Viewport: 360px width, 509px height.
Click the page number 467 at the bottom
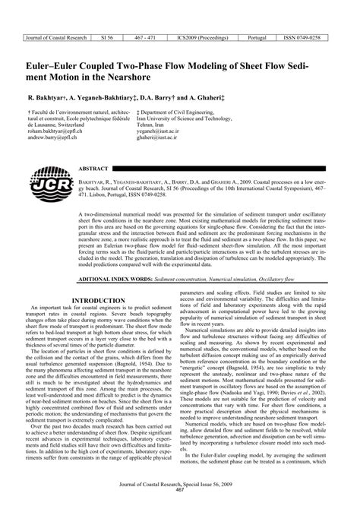coord(180,499)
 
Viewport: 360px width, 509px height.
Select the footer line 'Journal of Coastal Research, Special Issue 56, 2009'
coord(180,492)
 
